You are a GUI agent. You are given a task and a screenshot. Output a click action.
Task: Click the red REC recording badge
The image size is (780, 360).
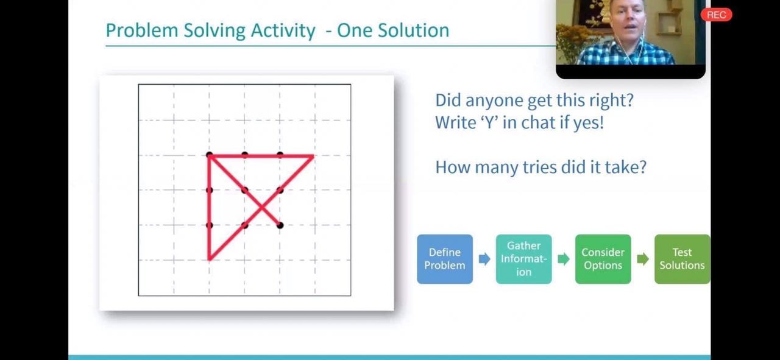pyautogui.click(x=716, y=15)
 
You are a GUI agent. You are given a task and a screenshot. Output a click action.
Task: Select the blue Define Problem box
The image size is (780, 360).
pyautogui.click(x=445, y=259)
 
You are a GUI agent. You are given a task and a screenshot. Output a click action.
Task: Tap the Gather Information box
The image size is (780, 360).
pyautogui.click(x=523, y=259)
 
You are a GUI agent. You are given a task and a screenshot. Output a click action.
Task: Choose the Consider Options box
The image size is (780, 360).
pyautogui.click(x=603, y=259)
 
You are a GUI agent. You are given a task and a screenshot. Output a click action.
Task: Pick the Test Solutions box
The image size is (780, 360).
pyautogui.click(x=682, y=259)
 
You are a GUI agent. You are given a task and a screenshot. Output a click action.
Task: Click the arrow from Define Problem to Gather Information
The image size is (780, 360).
pyautogui.click(x=484, y=259)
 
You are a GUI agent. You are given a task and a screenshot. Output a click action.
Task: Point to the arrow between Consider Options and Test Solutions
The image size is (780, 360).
pyautogui.click(x=643, y=259)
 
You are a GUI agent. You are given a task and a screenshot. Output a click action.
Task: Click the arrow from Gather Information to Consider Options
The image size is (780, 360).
pyautogui.click(x=564, y=259)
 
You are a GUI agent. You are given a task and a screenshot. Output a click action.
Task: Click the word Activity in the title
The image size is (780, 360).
pyautogui.click(x=283, y=30)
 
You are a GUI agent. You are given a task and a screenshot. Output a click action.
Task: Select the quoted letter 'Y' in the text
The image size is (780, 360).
pyautogui.click(x=489, y=122)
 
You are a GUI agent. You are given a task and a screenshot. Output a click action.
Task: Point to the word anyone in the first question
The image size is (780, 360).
pyautogui.click(x=494, y=101)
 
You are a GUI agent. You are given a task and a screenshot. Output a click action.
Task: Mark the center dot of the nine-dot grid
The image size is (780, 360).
pyautogui.click(x=245, y=190)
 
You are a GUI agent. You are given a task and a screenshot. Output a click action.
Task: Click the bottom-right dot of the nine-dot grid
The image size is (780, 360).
pyautogui.click(x=280, y=225)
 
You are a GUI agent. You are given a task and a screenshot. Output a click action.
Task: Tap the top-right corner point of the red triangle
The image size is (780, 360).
pyautogui.click(x=313, y=157)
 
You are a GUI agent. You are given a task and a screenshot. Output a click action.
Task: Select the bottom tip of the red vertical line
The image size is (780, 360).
pyautogui.click(x=209, y=259)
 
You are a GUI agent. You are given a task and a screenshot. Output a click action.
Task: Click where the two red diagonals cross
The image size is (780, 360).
pyautogui.click(x=262, y=208)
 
